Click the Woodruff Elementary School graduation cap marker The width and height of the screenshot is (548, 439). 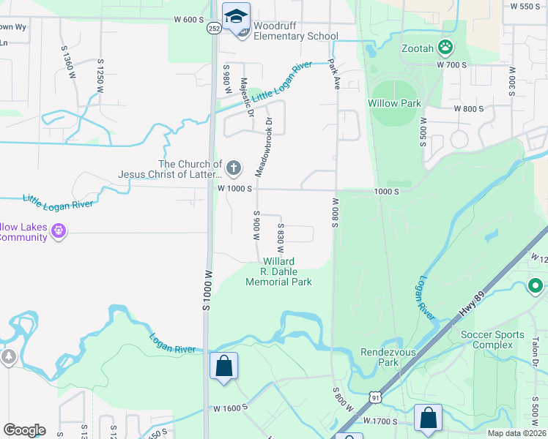point(237,17)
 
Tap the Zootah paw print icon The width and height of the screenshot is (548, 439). point(445,48)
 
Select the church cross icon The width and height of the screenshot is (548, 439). point(233,168)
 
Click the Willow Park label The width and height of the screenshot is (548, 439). point(395,103)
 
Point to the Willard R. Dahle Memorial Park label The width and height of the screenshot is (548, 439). point(278,271)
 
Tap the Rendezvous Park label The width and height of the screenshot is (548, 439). point(379,357)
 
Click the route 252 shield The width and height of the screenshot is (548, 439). point(214,28)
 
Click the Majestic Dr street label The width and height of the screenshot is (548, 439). point(247,97)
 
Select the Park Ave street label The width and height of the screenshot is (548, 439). point(335,74)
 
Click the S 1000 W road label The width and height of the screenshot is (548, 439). point(207,290)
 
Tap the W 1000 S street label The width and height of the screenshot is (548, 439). point(234,188)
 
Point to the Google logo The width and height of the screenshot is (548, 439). point(24,430)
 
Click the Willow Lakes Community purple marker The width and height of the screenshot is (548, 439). point(59,232)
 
